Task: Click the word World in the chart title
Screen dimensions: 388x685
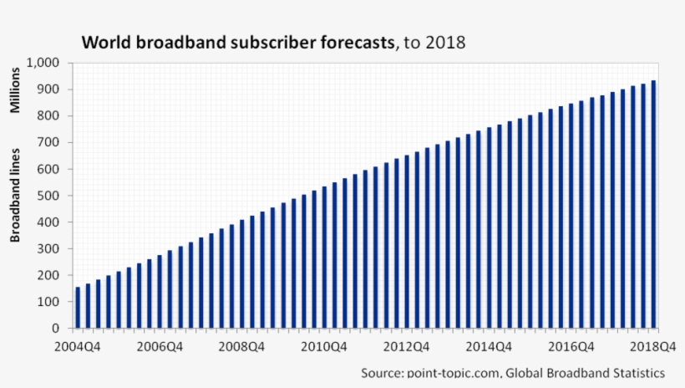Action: click(x=104, y=42)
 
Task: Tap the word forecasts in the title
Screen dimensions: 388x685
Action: click(x=352, y=42)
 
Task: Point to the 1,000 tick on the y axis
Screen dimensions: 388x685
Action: click(x=44, y=63)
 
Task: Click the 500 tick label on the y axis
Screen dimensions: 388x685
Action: click(x=50, y=196)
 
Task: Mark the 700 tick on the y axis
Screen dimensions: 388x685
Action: click(x=50, y=143)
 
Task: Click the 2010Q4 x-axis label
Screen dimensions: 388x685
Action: click(x=324, y=346)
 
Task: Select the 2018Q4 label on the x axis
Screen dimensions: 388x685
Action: click(x=653, y=346)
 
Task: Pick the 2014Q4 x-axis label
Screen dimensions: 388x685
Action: click(x=489, y=346)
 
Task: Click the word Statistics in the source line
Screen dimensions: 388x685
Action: click(x=636, y=373)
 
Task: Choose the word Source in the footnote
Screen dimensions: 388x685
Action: click(x=381, y=373)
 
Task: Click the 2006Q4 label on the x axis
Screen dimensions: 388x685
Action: click(x=160, y=346)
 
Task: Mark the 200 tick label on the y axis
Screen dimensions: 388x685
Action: click(x=50, y=275)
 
